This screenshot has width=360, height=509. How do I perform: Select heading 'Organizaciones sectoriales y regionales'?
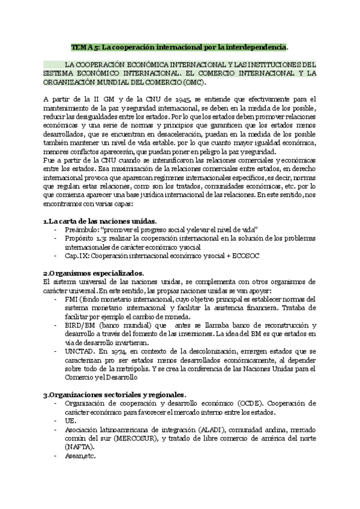click(116, 394)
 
